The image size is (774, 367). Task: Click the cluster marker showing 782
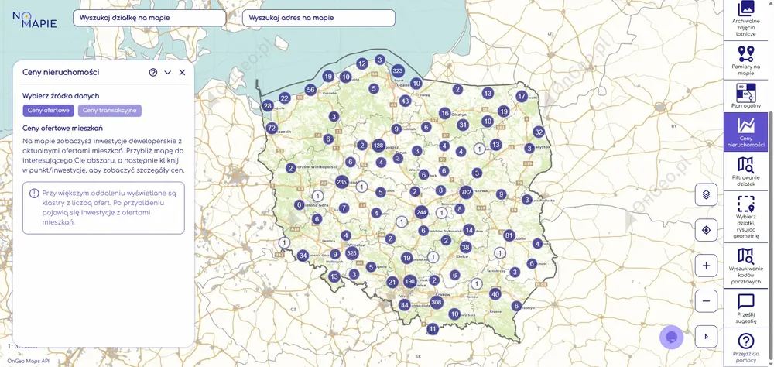[466, 191]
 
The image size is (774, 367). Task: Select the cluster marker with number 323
[398, 70]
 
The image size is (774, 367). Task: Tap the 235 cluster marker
[341, 181]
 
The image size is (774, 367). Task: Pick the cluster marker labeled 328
[352, 253]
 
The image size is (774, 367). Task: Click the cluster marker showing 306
[437, 302]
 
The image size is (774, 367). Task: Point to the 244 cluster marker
[421, 211]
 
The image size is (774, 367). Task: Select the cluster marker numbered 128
[378, 145]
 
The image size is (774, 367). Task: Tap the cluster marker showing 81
[509, 235]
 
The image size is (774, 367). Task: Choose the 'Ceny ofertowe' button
[49, 111]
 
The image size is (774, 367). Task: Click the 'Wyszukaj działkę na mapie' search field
[155, 18]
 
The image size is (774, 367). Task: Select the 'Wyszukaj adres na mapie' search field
[318, 18]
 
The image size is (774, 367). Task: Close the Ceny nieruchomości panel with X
[183, 72]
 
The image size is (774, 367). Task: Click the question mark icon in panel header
[153, 72]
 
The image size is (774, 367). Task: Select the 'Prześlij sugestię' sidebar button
[746, 308]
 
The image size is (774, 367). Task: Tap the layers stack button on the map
[706, 194]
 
